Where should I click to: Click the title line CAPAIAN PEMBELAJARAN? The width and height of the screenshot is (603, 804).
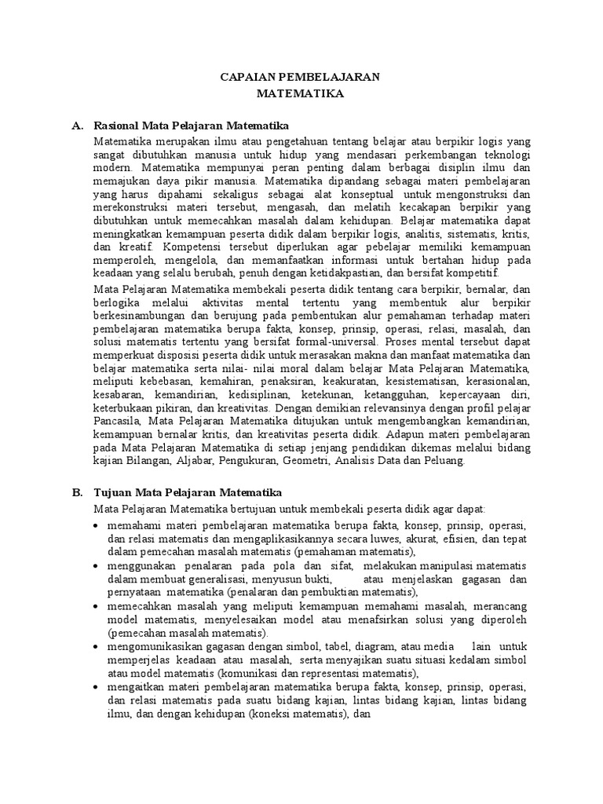[x=301, y=76]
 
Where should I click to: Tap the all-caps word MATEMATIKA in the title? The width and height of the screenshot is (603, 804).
[x=301, y=93]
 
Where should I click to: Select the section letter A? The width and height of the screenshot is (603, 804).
[x=76, y=125]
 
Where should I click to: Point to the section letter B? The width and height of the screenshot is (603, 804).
[x=76, y=492]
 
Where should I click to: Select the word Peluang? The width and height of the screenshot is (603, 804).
[x=446, y=460]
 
